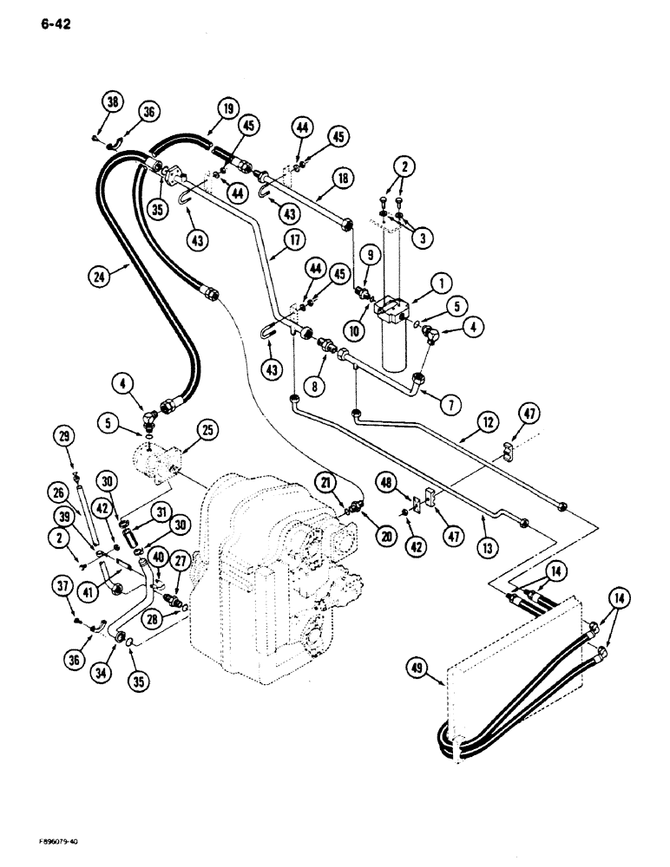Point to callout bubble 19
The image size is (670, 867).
(x=227, y=109)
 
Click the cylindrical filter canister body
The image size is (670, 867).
(x=397, y=347)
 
